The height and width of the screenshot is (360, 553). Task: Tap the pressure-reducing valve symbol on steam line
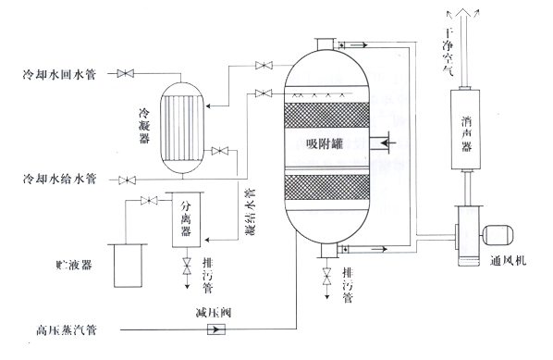click(x=211, y=328)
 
